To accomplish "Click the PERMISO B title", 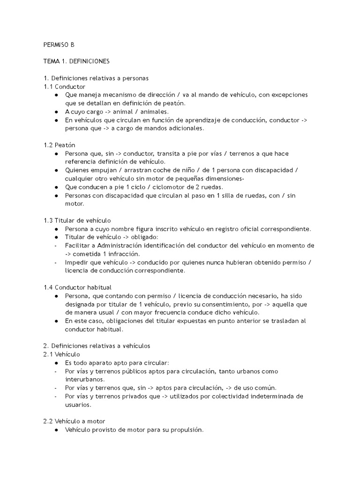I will pos(59,45).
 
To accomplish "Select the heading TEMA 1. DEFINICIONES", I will pos(76,61).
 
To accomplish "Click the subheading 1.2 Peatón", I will pos(59,145).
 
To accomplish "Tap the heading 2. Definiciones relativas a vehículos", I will pos(97,345).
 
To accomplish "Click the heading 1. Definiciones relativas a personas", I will pos(96,78).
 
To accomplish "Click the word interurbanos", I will pos(85,379).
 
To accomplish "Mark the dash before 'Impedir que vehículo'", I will pos(56,262).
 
